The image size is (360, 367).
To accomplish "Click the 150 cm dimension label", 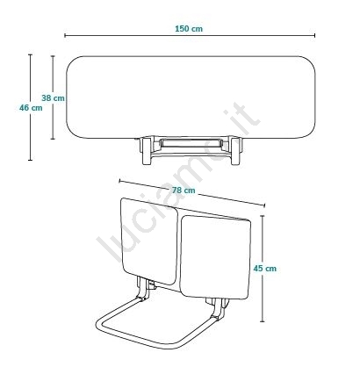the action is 189,29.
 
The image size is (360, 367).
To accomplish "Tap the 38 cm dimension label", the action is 53,98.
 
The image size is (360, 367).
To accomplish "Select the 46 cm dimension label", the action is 31,108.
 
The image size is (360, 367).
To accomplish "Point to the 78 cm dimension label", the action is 184,191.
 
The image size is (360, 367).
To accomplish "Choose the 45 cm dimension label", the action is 265,269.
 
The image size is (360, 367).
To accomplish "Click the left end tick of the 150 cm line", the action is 65,35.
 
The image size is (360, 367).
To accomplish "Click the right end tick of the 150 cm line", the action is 315,35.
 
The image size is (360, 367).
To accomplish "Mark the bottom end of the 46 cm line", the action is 30,160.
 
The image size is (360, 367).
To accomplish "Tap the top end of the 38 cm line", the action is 53,56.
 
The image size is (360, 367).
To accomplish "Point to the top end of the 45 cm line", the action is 263,216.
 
